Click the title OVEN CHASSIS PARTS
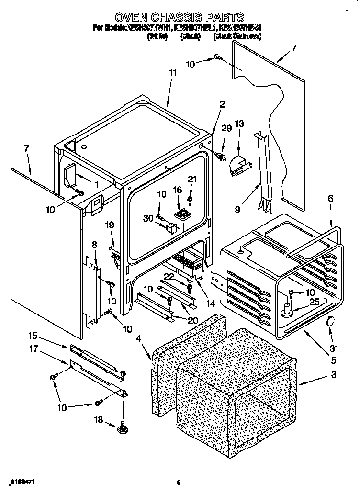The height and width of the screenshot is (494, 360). (x=179, y=19)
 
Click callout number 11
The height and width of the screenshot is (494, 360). (x=172, y=73)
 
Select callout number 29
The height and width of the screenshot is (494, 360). (x=226, y=128)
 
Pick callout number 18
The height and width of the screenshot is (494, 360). (x=99, y=420)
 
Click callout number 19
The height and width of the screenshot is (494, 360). (x=109, y=225)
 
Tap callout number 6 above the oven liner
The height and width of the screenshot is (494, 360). (x=330, y=199)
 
